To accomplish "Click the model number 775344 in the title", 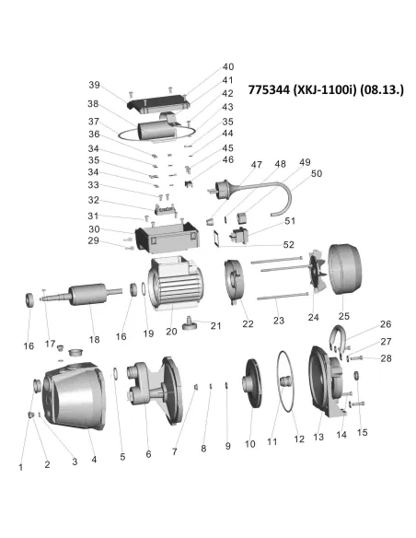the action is tap(269, 90).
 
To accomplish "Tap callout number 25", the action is tap(343, 316).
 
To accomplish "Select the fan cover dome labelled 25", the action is tap(345, 269).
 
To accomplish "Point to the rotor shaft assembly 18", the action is tap(82, 295).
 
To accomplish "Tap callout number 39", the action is tap(94, 85).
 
